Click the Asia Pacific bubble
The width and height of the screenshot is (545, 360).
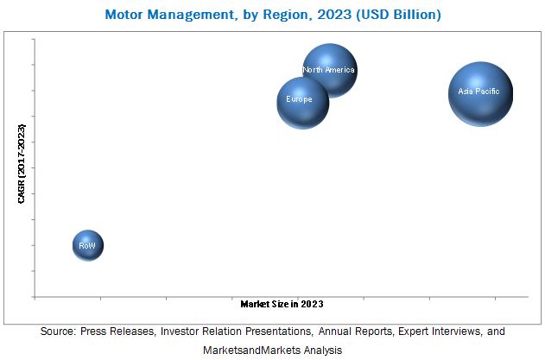480,94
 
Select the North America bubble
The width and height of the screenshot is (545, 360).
330,71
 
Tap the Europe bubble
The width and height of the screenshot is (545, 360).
301,103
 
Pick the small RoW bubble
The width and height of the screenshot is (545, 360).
87,245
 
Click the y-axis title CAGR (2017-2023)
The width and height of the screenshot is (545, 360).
22,165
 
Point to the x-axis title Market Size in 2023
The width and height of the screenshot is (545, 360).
282,304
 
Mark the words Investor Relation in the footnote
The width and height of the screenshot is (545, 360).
198,332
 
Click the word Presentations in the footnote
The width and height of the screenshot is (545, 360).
274,332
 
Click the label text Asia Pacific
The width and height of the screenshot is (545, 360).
479,91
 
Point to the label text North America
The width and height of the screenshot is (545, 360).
329,70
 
